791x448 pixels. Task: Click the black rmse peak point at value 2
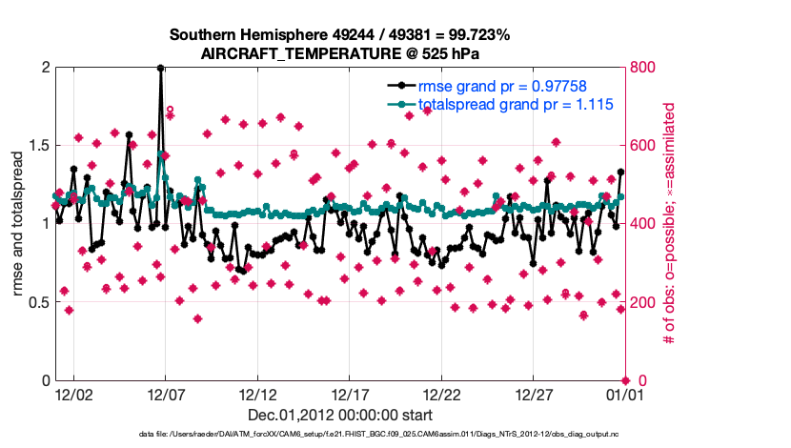tap(160, 69)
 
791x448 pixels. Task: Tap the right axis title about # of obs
tap(669, 224)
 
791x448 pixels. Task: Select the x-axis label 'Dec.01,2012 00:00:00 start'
tap(340, 416)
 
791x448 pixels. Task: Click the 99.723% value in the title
tap(477, 35)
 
